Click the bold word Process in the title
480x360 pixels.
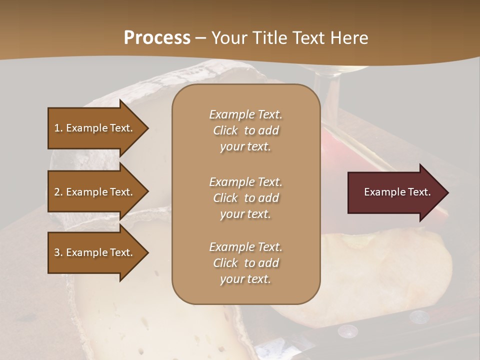[157, 38]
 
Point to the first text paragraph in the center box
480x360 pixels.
[245, 130]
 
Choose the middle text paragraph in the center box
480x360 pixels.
[245, 198]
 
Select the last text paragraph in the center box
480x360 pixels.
[245, 263]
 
